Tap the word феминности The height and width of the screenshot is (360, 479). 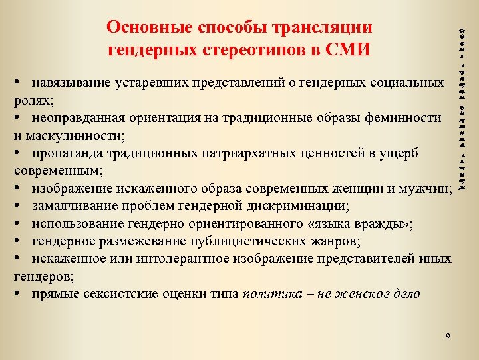pyautogui.click(x=406, y=118)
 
